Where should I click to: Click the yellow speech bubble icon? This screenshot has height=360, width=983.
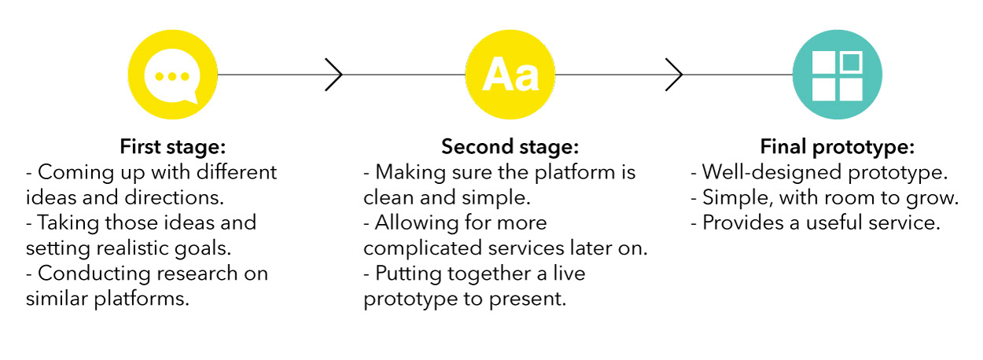click(x=172, y=75)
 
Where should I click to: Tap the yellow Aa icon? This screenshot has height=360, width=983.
click(x=510, y=75)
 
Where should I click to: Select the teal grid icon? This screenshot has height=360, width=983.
click(x=838, y=75)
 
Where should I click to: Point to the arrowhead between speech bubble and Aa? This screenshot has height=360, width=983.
click(x=333, y=75)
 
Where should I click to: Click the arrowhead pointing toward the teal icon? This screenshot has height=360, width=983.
click(x=674, y=75)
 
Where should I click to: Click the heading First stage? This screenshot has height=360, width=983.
click(x=173, y=147)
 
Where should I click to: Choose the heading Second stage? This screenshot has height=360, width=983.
click(x=510, y=147)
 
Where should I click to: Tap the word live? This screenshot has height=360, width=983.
click(x=569, y=274)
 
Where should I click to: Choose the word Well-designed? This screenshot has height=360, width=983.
click(x=772, y=173)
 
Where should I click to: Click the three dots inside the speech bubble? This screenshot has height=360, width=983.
click(x=172, y=77)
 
